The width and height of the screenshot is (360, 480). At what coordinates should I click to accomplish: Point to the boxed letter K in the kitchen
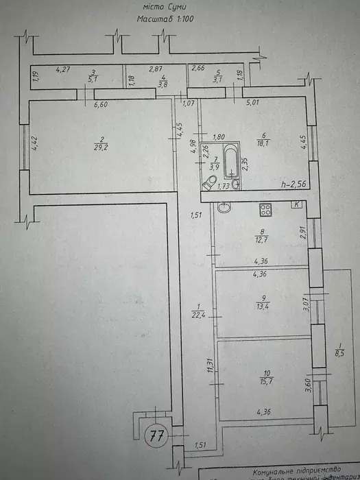coord(296,204)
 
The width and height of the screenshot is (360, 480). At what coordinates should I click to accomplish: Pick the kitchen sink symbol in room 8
coord(222,207)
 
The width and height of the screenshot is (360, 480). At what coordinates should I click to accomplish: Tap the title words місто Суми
coord(166,7)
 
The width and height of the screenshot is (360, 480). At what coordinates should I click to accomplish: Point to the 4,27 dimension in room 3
coord(63,69)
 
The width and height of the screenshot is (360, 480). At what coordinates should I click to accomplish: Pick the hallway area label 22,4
coord(198,315)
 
